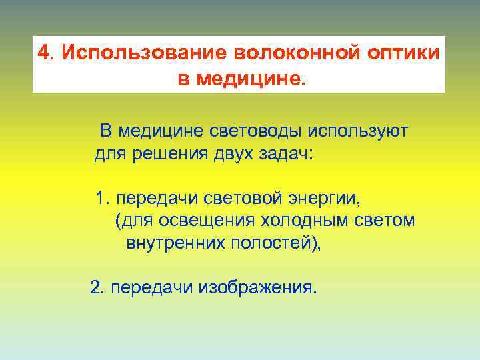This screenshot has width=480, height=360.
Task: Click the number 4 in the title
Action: [x=43, y=53]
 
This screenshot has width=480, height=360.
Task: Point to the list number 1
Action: [x=101, y=199]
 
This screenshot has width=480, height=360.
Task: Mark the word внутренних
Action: [x=174, y=243]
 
